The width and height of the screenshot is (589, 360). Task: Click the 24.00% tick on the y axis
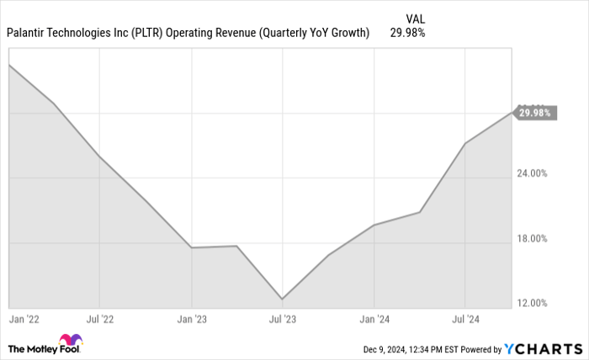click(532, 173)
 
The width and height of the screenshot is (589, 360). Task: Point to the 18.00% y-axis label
click(532, 238)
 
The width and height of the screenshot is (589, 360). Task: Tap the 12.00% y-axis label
click(532, 303)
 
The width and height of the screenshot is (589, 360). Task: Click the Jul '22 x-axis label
click(99, 320)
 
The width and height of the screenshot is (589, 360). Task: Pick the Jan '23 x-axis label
click(192, 320)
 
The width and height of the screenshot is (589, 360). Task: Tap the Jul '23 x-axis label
click(282, 320)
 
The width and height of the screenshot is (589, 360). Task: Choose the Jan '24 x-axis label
click(374, 320)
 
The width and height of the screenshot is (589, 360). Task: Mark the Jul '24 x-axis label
click(464, 320)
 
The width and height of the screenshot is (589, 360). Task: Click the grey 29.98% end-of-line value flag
click(536, 113)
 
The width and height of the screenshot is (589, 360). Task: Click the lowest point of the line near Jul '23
click(282, 299)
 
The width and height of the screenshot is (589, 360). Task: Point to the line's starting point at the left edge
click(8, 64)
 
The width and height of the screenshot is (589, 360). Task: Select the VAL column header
click(415, 18)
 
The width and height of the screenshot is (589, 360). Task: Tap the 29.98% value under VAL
click(407, 34)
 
